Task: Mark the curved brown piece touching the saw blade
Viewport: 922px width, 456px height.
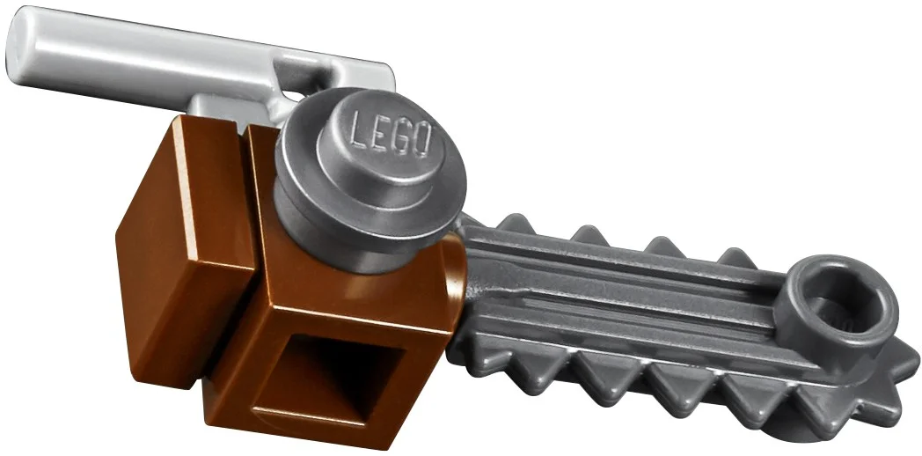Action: click(x=454, y=282)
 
